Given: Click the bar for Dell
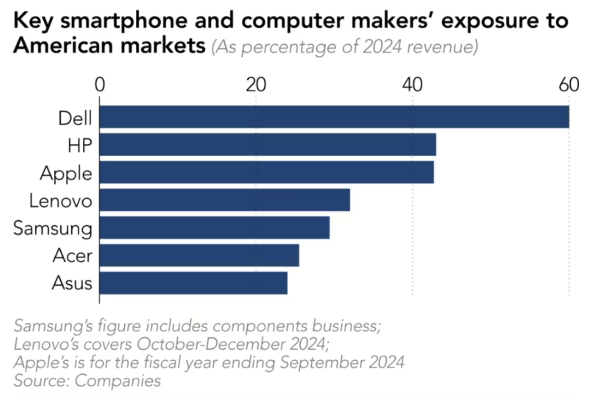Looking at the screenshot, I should (334, 117).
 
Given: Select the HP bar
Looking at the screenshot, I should (267, 145).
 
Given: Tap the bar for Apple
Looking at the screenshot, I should (266, 172).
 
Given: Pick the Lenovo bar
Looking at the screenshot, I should (224, 200).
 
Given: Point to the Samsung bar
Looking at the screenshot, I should (214, 228).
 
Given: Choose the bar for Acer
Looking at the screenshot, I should (199, 256).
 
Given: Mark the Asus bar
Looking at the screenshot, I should (193, 283).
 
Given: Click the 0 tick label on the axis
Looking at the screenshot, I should (99, 85).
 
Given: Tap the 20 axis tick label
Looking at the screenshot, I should (255, 85).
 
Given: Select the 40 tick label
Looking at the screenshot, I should (412, 85).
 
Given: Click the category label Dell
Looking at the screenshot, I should (75, 118).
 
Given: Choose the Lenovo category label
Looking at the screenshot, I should (61, 201).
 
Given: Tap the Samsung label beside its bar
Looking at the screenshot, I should (53, 229).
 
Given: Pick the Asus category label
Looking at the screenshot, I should (72, 283).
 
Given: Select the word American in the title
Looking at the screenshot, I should (57, 47).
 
